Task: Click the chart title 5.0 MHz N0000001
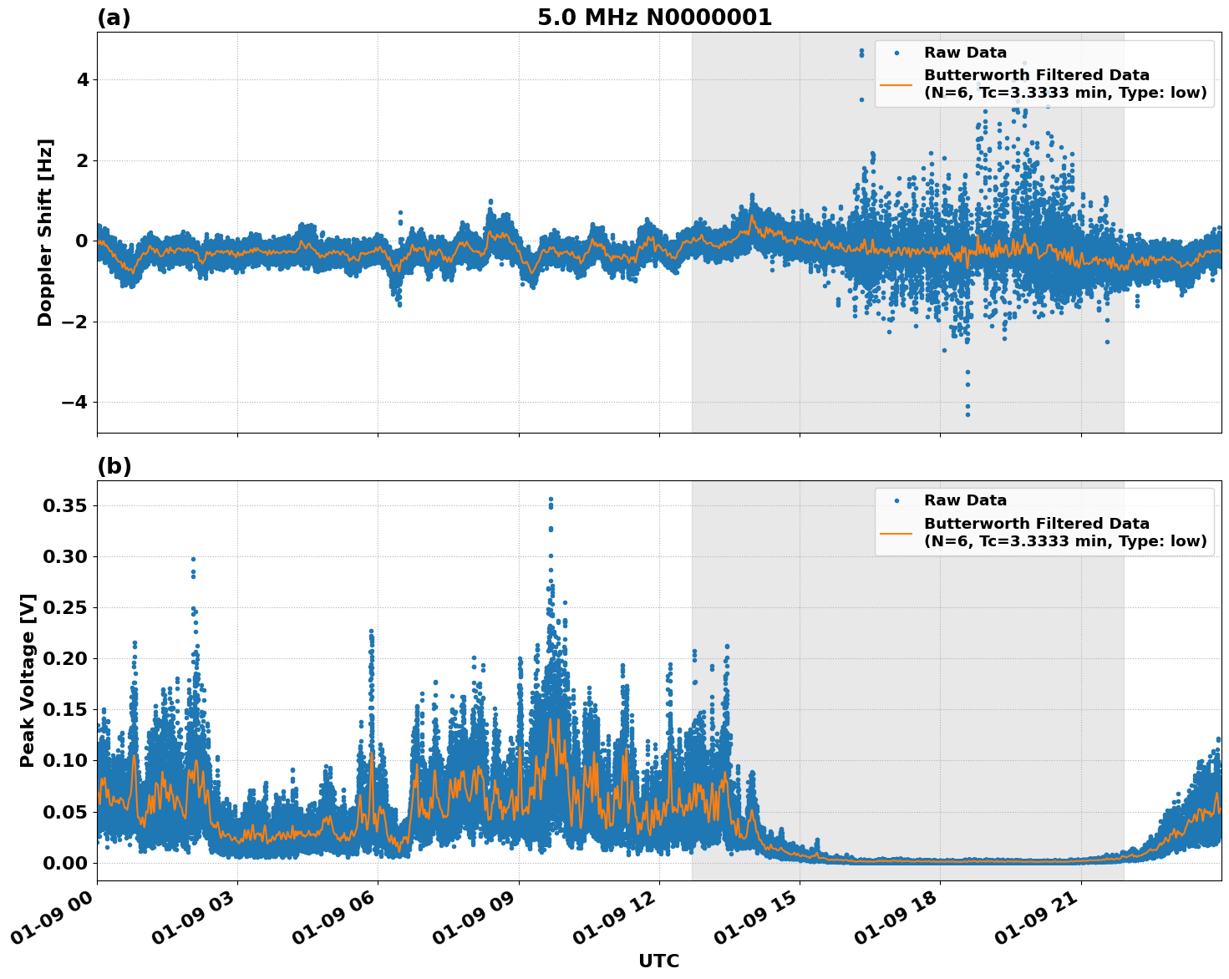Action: coord(654,18)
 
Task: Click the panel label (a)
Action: coord(114,18)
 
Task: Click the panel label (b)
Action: coord(114,466)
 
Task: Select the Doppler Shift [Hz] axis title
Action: coord(45,232)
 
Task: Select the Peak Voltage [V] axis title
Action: coord(28,680)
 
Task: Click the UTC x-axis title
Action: coord(658,961)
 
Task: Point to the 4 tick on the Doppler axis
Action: coord(82,80)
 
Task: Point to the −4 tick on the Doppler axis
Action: coord(75,403)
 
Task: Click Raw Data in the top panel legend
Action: coord(965,53)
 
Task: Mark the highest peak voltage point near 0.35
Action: coord(551,499)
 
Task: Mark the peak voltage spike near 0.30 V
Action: coord(193,559)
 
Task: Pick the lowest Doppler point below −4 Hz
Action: coord(967,414)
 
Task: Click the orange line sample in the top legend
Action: coord(896,84)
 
